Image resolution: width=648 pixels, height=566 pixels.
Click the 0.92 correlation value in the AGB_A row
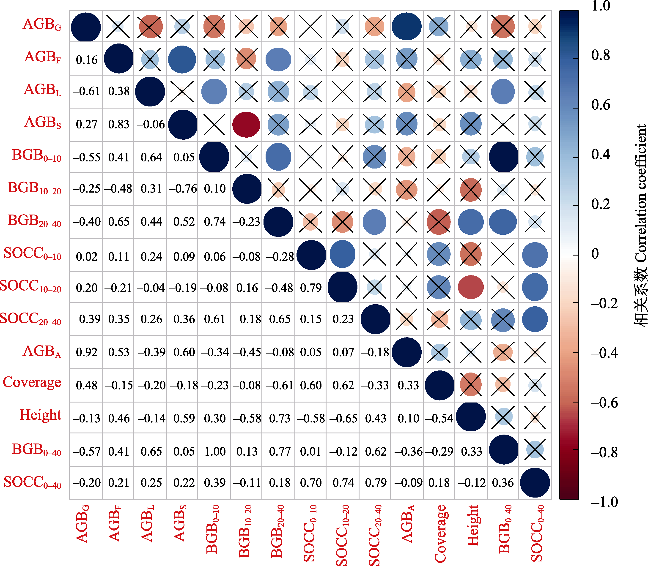pos(87,352)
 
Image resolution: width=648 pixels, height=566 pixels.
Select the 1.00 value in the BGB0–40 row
pos(215,451)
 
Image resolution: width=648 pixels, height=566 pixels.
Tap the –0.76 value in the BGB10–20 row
pos(183,189)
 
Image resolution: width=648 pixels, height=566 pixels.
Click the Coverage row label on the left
pos(32,382)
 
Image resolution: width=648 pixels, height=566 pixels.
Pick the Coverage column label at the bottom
pos(440,533)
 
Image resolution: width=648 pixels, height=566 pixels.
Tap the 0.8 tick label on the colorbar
pos(601,55)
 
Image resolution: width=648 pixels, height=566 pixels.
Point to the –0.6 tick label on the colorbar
pos(604,403)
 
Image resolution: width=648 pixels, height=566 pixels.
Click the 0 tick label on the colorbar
pos(595,254)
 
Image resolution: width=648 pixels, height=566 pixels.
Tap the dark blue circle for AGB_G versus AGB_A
pos(406,27)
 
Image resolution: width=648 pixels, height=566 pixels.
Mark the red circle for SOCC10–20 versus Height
pos(471,287)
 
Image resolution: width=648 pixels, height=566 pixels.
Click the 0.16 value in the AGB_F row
pos(87,60)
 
